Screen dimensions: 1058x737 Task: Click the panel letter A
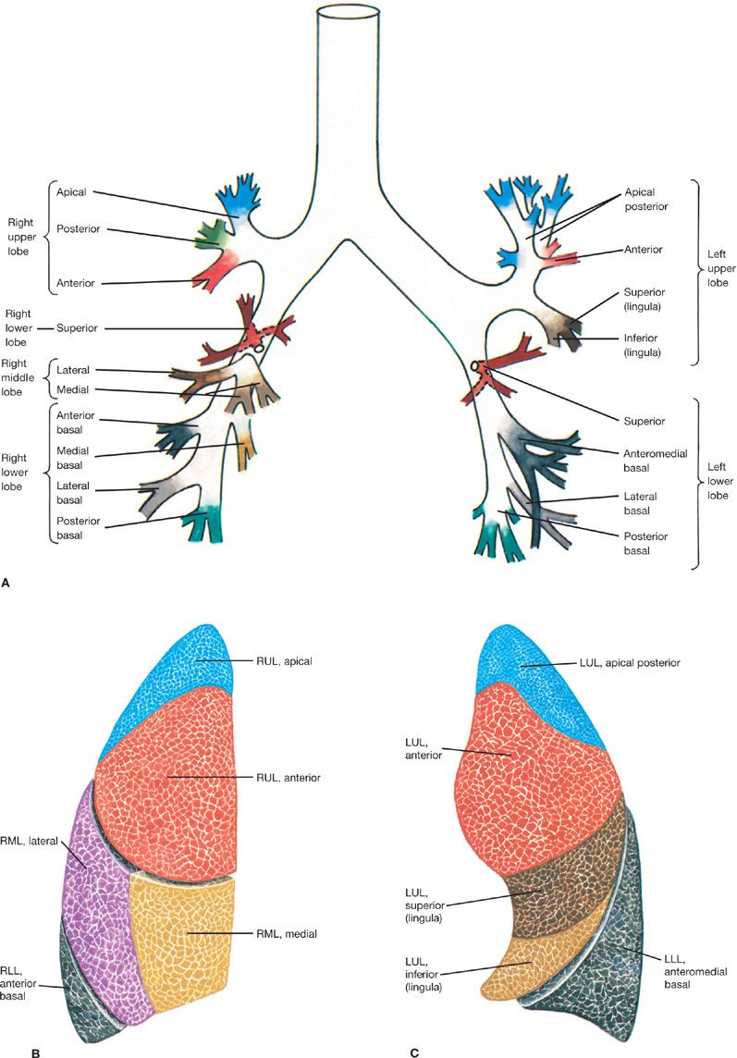(6, 584)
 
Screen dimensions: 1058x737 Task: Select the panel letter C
(415, 1052)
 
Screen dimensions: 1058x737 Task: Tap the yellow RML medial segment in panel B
(185, 953)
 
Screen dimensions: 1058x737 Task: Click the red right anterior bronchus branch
(215, 269)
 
